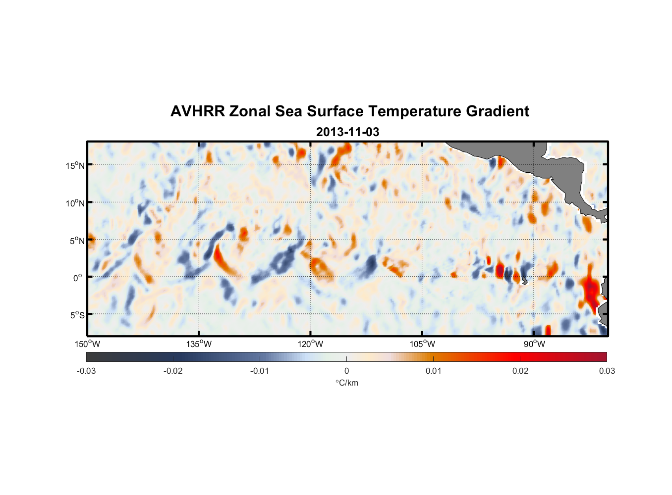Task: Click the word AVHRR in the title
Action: click(x=197, y=111)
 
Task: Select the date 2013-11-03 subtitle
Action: click(x=347, y=132)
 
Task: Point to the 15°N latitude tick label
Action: click(x=75, y=165)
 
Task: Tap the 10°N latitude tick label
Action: click(x=75, y=203)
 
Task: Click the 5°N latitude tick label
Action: click(x=77, y=241)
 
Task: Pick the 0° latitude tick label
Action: click(x=77, y=278)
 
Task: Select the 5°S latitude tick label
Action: click(x=77, y=315)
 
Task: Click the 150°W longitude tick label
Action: click(x=87, y=344)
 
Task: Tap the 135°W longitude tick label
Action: click(x=199, y=344)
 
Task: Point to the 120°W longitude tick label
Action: click(x=311, y=344)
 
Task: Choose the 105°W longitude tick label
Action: click(x=422, y=344)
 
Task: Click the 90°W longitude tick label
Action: click(x=534, y=344)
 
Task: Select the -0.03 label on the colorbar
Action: click(x=86, y=371)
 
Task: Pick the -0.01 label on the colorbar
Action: click(x=260, y=371)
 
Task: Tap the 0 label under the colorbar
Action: click(x=346, y=371)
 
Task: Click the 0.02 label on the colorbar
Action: click(x=520, y=371)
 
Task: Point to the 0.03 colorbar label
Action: click(x=607, y=371)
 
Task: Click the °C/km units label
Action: click(x=347, y=383)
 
